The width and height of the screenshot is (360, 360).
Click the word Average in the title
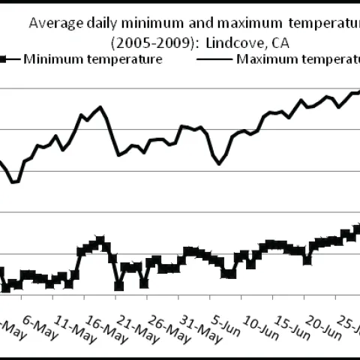click(55, 22)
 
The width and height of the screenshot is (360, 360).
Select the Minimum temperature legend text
click(93, 58)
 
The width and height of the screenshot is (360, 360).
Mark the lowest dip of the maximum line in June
click(219, 163)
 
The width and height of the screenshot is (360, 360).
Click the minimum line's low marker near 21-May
click(118, 285)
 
